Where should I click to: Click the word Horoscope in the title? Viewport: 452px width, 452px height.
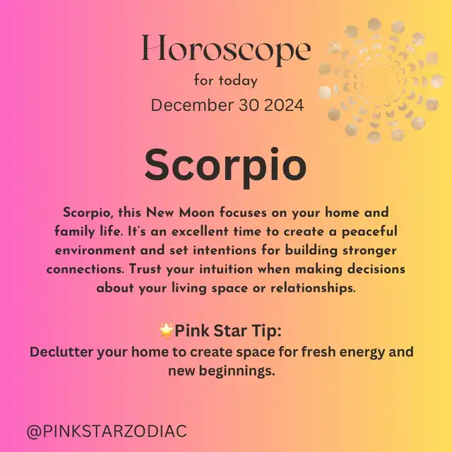(x=226, y=49)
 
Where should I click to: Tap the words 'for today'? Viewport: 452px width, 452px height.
(x=226, y=81)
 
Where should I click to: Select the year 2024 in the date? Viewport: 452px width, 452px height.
(x=284, y=105)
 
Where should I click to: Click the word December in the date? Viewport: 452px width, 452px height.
(x=192, y=105)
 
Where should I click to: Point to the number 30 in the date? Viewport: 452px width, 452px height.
(x=249, y=105)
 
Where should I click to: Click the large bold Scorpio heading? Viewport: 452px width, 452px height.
(x=226, y=167)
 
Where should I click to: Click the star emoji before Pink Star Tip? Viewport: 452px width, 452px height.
(x=166, y=331)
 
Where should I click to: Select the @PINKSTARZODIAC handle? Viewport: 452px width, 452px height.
(x=107, y=432)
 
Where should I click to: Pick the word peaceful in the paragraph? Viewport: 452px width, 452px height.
(x=369, y=232)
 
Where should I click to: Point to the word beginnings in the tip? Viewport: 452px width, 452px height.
(x=237, y=371)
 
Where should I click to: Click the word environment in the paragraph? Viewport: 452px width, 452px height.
(x=95, y=251)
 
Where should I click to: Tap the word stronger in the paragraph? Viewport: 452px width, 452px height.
(x=369, y=251)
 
